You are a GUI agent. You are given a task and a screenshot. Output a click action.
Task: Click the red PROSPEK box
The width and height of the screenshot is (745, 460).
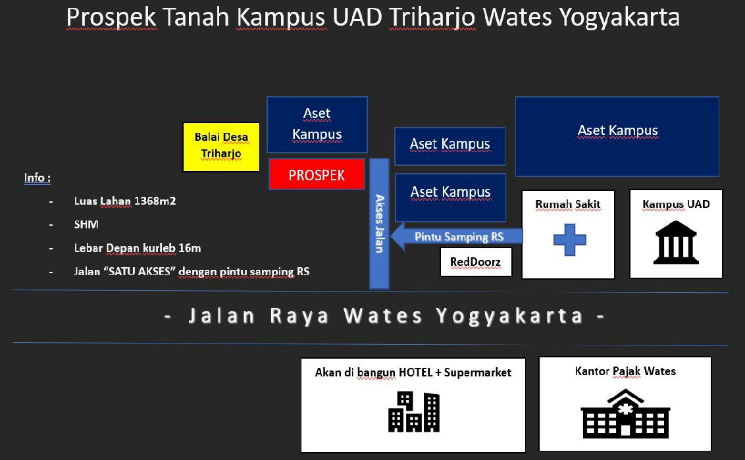[317, 174]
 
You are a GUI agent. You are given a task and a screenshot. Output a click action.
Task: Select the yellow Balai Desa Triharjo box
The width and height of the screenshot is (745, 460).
[221, 147]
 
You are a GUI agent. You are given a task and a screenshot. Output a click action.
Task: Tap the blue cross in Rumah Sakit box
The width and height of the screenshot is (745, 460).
[569, 240]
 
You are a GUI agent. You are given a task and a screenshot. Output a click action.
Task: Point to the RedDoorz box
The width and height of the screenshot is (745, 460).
[475, 262]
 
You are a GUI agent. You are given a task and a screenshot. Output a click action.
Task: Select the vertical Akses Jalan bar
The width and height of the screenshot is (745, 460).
[379, 224]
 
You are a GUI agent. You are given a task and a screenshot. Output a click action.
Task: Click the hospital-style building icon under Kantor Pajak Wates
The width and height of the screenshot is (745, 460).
[625, 414]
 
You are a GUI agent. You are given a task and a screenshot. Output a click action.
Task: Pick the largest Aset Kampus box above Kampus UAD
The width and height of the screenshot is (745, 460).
[617, 136]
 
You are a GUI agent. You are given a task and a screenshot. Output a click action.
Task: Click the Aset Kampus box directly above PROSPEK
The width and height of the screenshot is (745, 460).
[317, 124]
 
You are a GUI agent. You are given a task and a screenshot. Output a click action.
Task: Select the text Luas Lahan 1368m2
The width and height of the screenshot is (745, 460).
[125, 201]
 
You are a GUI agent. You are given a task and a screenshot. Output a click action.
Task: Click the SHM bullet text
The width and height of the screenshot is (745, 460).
[86, 224]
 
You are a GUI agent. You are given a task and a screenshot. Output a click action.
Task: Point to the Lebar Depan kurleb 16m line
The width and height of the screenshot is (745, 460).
[138, 248]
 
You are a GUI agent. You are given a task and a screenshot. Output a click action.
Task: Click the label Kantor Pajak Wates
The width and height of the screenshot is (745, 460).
[625, 371]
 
